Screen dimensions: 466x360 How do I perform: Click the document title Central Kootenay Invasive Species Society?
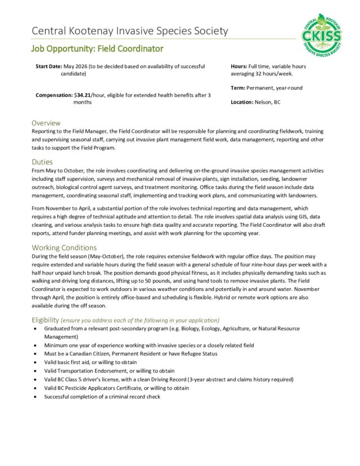pos(130,31)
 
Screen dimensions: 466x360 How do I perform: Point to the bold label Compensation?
pos(53,95)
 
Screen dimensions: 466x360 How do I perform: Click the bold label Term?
pos(238,88)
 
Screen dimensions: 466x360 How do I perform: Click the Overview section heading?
pos(46,123)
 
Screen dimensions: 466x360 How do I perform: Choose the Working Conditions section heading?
pos(64,247)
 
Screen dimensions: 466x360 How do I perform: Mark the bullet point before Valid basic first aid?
pos(37,362)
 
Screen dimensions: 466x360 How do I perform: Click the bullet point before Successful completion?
pos(37,397)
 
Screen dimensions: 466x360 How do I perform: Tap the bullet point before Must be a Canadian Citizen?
pos(37,354)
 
